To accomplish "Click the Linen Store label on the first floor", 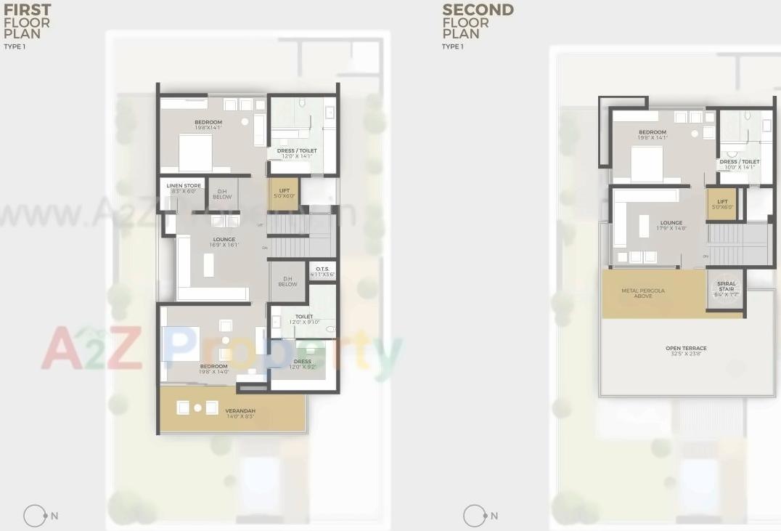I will pos(184,188).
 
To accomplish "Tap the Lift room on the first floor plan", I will pos(284,194).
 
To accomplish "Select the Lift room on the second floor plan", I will pos(722,204).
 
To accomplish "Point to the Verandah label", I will pos(240,413).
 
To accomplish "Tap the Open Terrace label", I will pos(686,351).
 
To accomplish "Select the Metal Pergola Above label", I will pos(642,293).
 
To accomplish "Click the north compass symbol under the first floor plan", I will pos(35,516).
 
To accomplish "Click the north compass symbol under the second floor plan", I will pos(475,516).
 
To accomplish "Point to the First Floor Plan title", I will pos(27,22).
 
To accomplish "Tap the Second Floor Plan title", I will pos(478,22).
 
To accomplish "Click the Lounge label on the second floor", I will pos(671,225).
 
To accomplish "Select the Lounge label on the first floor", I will pos(224,242).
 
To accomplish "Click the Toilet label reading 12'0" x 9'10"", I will pos(304,319).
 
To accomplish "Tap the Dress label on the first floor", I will pos(303,364).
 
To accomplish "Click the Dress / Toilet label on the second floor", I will pos(740,164).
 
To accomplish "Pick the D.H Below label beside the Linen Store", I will pos(222,194).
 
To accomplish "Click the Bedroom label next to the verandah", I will pos(214,368).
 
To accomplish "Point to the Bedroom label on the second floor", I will pos(653,134).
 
